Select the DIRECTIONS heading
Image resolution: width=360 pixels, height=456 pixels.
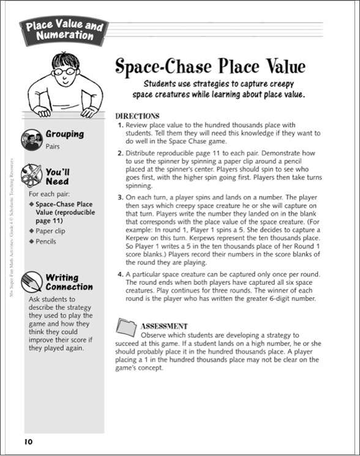[x=137, y=116]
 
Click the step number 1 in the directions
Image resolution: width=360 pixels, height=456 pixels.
[x=120, y=124]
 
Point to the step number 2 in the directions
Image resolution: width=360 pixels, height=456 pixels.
[x=120, y=154]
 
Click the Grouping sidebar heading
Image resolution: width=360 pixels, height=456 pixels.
[x=65, y=134]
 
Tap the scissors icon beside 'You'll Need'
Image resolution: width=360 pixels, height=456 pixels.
[x=32, y=176]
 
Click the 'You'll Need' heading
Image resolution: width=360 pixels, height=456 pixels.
[x=59, y=177]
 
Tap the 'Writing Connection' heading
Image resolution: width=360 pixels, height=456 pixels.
[x=69, y=282]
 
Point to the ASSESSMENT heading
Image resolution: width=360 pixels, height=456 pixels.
[x=164, y=326]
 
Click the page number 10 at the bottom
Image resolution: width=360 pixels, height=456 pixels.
[x=28, y=442]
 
